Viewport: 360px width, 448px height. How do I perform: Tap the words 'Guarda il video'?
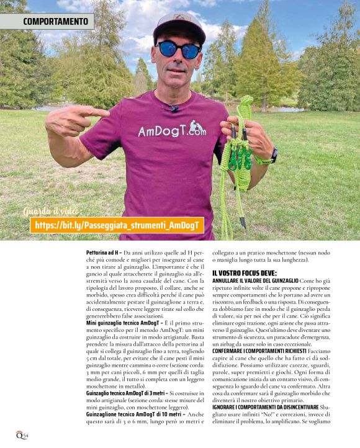point(52,211)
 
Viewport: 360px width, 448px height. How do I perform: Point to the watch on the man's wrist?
point(274,155)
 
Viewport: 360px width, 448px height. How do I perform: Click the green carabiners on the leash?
point(240,160)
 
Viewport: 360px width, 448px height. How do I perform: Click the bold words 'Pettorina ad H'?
point(103,253)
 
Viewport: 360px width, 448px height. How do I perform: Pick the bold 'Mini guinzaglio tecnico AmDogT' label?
point(122,323)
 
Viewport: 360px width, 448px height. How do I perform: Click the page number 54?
point(25,434)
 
